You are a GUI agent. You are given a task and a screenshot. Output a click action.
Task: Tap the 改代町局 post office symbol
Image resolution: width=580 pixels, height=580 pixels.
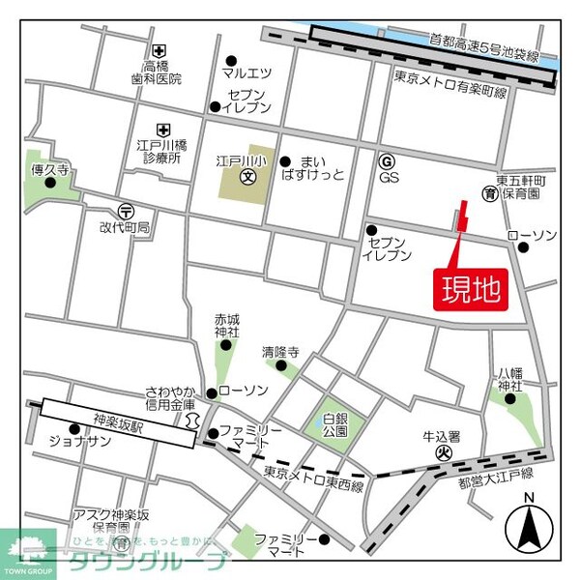pos(126,210)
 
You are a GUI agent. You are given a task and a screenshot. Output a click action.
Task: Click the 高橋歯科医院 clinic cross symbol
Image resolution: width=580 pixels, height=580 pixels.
pos(158,51)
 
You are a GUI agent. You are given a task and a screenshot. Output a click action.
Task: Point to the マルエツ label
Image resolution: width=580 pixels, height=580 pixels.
pos(246,72)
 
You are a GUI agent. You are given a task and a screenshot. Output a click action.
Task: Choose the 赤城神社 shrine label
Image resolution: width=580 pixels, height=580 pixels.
pos(226,326)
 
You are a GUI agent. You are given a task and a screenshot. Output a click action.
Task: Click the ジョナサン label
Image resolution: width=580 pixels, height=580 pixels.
pos(85,442)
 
